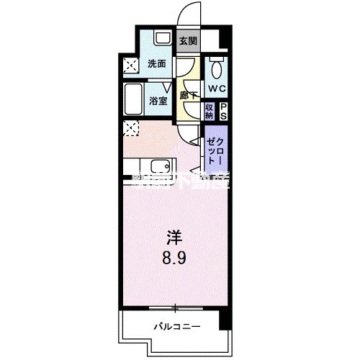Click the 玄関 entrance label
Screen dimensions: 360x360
click(x=188, y=41)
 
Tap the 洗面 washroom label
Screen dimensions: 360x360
click(x=157, y=63)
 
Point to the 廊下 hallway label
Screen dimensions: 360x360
click(x=189, y=95)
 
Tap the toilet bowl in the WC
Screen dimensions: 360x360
click(x=216, y=70)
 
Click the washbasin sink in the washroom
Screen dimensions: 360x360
click(x=162, y=38)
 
